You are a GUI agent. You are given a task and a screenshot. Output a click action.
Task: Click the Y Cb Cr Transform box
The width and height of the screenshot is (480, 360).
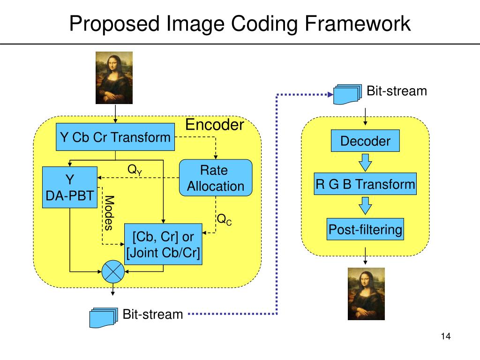click(x=115, y=137)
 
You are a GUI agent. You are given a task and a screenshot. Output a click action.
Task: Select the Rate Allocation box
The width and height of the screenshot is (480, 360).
click(x=216, y=178)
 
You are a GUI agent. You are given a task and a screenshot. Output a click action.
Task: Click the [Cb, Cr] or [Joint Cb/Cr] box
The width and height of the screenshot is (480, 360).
click(x=163, y=244)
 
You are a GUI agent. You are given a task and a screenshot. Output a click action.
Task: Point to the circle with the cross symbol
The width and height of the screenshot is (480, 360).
click(x=112, y=271)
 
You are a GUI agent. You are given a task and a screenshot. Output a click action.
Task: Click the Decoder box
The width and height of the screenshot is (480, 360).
click(x=365, y=141)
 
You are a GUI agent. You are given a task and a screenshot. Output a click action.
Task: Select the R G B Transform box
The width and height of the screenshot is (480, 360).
click(x=365, y=184)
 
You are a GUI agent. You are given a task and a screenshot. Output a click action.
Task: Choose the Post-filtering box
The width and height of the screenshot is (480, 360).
click(x=365, y=230)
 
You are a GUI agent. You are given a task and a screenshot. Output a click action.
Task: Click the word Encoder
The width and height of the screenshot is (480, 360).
click(x=215, y=125)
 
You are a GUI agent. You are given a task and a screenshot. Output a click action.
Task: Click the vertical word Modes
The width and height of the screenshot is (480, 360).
click(x=109, y=213)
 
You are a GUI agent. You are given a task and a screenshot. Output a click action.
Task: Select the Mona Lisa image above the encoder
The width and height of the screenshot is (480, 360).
click(x=114, y=77)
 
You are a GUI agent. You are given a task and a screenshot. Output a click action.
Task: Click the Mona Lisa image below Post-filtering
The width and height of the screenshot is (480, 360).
click(x=366, y=294)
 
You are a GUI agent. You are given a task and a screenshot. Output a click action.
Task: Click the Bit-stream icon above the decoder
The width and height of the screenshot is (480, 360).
click(x=347, y=94)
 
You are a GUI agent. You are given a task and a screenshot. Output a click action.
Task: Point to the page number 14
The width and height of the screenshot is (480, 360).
click(x=445, y=337)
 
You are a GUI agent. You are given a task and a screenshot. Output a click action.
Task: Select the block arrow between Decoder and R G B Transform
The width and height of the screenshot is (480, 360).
click(x=365, y=163)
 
